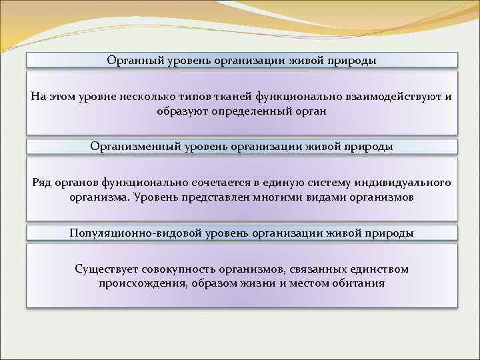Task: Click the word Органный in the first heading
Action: [131, 61]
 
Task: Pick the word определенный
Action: [249, 111]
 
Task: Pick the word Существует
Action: [105, 269]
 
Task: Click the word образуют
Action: [181, 111]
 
